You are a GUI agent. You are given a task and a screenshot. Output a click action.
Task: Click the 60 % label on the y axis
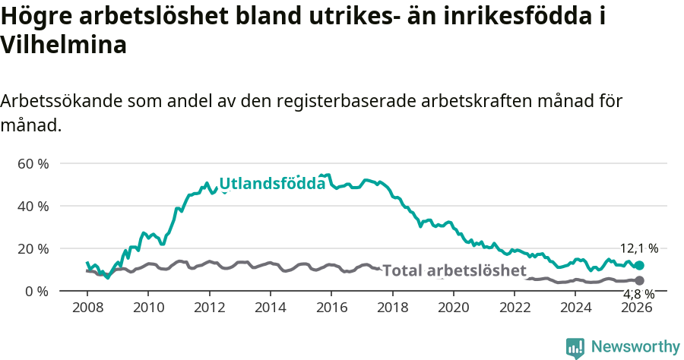(x=33, y=163)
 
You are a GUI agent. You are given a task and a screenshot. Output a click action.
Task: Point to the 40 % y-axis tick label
(x=33, y=206)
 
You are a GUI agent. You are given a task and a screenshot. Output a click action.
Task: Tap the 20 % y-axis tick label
(x=33, y=248)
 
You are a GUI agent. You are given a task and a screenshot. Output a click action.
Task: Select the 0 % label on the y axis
(x=36, y=291)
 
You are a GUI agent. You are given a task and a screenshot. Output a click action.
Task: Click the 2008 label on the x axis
(x=87, y=308)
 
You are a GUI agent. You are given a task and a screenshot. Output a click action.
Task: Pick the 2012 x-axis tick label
(x=209, y=308)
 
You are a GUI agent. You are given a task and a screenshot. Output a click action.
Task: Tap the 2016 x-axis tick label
(x=331, y=308)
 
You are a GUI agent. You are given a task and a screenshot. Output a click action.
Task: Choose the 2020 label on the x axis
(x=454, y=308)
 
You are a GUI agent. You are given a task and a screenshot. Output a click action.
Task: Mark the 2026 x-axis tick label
(x=637, y=308)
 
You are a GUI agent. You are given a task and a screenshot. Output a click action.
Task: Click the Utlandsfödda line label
(x=272, y=183)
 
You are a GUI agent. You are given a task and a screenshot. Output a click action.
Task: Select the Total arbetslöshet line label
(x=454, y=270)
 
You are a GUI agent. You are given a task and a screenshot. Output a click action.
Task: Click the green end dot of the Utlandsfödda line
(x=640, y=266)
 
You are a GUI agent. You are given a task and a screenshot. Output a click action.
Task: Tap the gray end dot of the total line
(x=640, y=281)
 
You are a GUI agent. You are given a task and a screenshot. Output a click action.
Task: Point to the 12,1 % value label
(x=639, y=248)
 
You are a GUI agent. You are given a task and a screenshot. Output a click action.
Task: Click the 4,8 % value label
(x=639, y=295)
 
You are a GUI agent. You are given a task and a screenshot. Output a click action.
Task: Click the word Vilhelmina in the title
(x=63, y=46)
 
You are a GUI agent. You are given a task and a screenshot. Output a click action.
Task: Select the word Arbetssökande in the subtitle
(x=62, y=101)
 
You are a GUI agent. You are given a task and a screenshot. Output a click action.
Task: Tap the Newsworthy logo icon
(x=575, y=348)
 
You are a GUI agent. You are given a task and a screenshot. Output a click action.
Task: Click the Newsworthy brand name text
(x=635, y=347)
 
